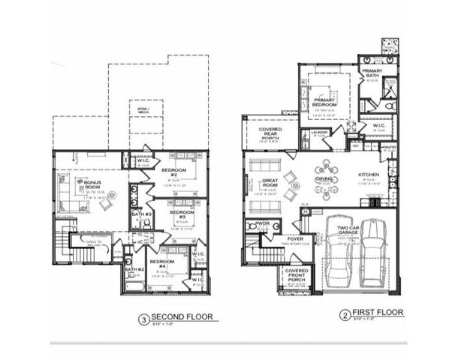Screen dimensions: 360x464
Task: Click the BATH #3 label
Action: pyautogui.click(x=142, y=214)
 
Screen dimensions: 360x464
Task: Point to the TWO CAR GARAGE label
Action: pyautogui.click(x=351, y=231)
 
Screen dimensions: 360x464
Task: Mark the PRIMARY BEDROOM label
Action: pyautogui.click(x=324, y=99)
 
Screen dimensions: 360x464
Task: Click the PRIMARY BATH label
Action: pyautogui.click(x=372, y=73)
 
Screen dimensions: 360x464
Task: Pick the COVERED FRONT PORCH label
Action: pyautogui.click(x=297, y=275)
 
